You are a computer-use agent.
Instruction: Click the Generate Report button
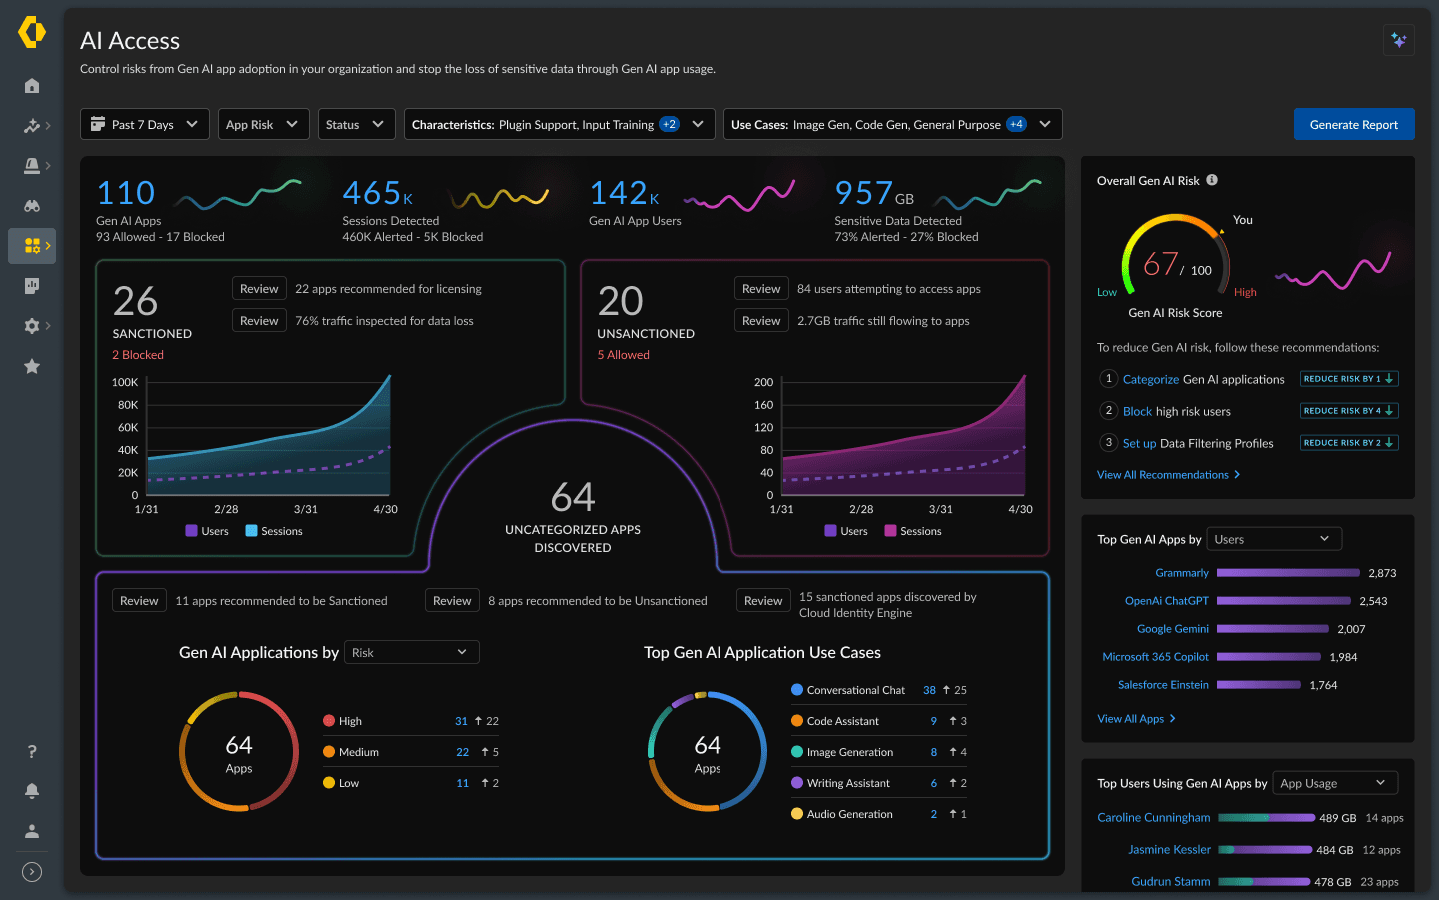(1353, 124)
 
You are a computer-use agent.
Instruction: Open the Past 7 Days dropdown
(145, 124)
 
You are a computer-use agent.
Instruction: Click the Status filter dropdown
(356, 124)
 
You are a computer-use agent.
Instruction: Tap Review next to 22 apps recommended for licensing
(259, 289)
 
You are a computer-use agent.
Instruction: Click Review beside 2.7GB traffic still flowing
(761, 321)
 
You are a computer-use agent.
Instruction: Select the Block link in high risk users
(1137, 411)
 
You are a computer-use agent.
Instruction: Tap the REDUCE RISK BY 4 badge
(1348, 411)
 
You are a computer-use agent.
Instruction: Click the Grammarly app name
(1182, 573)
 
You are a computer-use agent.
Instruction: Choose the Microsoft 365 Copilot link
(1155, 657)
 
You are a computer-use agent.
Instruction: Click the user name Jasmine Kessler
(1169, 849)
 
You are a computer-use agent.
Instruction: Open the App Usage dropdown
(1334, 783)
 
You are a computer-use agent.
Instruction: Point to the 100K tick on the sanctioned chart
(125, 382)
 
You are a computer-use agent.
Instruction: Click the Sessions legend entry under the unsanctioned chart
(912, 531)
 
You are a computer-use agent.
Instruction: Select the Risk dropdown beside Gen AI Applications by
(411, 652)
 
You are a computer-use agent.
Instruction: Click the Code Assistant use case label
(842, 721)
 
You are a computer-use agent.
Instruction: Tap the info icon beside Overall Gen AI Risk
(1212, 180)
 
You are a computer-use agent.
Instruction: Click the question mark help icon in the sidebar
(32, 751)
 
